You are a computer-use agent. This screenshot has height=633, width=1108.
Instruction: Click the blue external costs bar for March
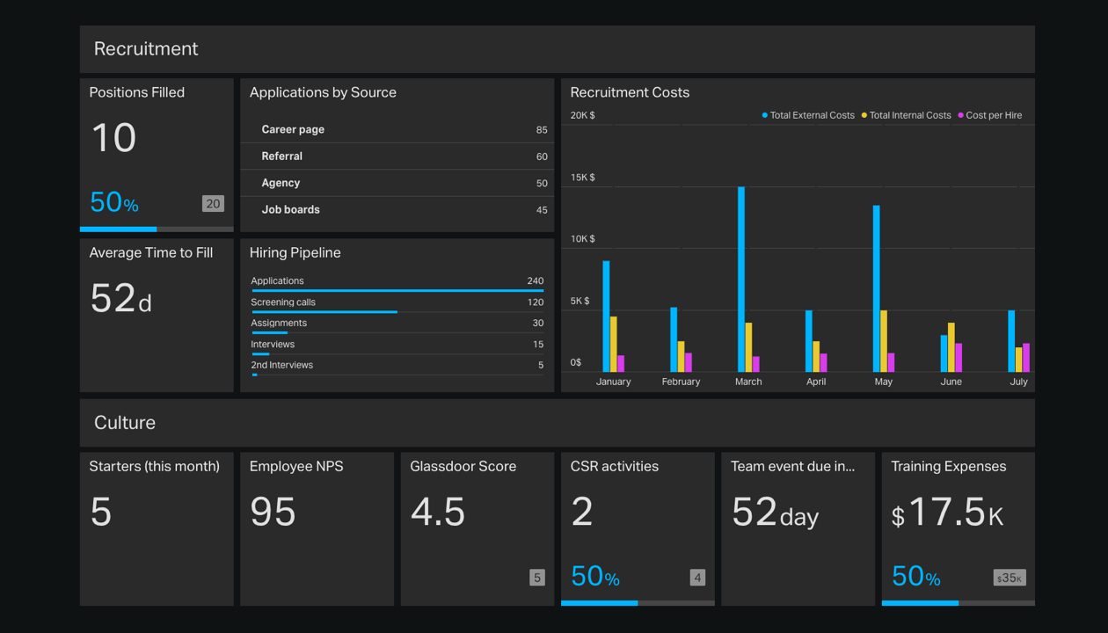pos(741,280)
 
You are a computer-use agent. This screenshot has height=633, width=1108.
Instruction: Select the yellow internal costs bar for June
pos(951,347)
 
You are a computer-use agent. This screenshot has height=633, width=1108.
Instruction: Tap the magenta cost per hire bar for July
pos(1026,358)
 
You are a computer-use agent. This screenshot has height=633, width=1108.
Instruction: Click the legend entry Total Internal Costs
pos(909,115)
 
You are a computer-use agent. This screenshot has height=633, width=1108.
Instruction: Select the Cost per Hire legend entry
pos(993,115)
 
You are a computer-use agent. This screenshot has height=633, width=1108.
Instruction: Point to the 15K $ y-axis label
pos(582,178)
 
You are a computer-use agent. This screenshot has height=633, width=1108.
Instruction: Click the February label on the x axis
pos(681,382)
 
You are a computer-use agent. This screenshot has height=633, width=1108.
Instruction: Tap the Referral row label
pos(281,156)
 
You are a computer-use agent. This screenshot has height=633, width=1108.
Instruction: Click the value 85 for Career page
pos(542,130)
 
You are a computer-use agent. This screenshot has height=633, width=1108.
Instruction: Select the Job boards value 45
pos(542,210)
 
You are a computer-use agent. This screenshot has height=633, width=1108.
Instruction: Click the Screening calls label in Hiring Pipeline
pos(283,302)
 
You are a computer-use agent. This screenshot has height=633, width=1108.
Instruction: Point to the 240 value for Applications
pos(535,281)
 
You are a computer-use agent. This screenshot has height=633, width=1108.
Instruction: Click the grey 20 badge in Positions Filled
pos(213,204)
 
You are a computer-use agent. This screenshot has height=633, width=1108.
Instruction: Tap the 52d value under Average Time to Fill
pos(121,299)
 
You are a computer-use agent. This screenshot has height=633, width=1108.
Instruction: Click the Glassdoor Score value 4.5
pos(438,512)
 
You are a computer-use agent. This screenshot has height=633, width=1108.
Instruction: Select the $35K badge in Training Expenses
pos(1010,578)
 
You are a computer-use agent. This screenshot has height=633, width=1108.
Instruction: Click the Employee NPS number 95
pos(273,512)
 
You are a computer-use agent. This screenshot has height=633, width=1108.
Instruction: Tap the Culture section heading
pos(125,423)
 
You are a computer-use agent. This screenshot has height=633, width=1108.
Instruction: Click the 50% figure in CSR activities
pos(595,577)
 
